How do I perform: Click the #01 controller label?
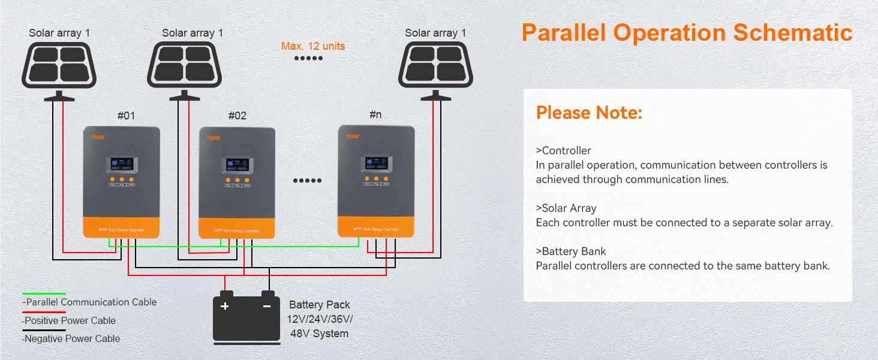126,116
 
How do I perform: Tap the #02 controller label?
237,116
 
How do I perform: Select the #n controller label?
375,114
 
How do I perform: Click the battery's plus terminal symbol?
225,306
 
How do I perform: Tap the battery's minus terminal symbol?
267,306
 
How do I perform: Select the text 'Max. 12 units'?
313,46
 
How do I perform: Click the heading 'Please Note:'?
589,113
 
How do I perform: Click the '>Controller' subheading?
563,151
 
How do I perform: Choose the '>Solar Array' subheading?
566,208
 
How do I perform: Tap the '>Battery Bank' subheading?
571,251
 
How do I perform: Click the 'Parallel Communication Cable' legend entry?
90,302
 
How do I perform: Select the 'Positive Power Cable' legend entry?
70,320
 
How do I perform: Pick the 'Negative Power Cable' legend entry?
71,338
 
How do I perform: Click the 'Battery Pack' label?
319,305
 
